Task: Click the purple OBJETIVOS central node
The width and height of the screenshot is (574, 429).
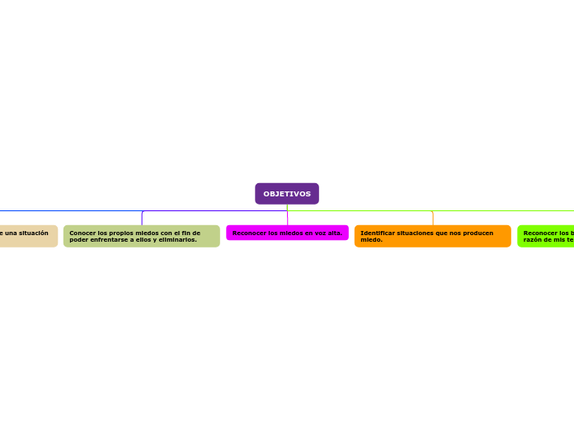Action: pyautogui.click(x=287, y=194)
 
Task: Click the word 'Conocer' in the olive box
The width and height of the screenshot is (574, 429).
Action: pyautogui.click(x=82, y=233)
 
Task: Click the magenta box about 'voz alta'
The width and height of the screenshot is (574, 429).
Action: pyautogui.click(x=287, y=233)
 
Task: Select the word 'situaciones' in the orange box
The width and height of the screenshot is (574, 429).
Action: pyautogui.click(x=415, y=233)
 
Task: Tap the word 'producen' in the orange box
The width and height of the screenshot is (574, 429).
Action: pyautogui.click(x=478, y=233)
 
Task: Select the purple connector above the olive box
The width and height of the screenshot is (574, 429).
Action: pyautogui.click(x=142, y=218)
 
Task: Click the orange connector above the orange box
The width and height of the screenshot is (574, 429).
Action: pyautogui.click(x=432, y=218)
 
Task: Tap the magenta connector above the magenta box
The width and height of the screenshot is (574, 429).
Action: pyautogui.click(x=287, y=218)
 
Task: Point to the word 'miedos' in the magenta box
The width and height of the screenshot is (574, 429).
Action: pyautogui.click(x=289, y=233)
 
